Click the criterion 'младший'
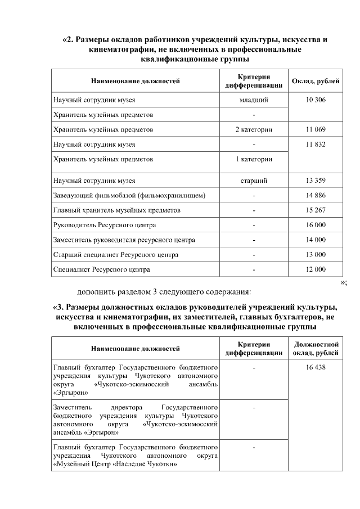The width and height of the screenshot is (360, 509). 254,100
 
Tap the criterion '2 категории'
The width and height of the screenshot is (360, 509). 254,129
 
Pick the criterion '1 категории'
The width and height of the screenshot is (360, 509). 254,159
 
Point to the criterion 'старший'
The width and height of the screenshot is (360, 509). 254,181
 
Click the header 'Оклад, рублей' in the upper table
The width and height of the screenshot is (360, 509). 316,81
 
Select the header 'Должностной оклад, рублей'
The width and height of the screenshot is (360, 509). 316,349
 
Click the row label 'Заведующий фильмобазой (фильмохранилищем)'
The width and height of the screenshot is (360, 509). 129,196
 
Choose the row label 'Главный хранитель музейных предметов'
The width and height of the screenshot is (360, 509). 117,210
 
